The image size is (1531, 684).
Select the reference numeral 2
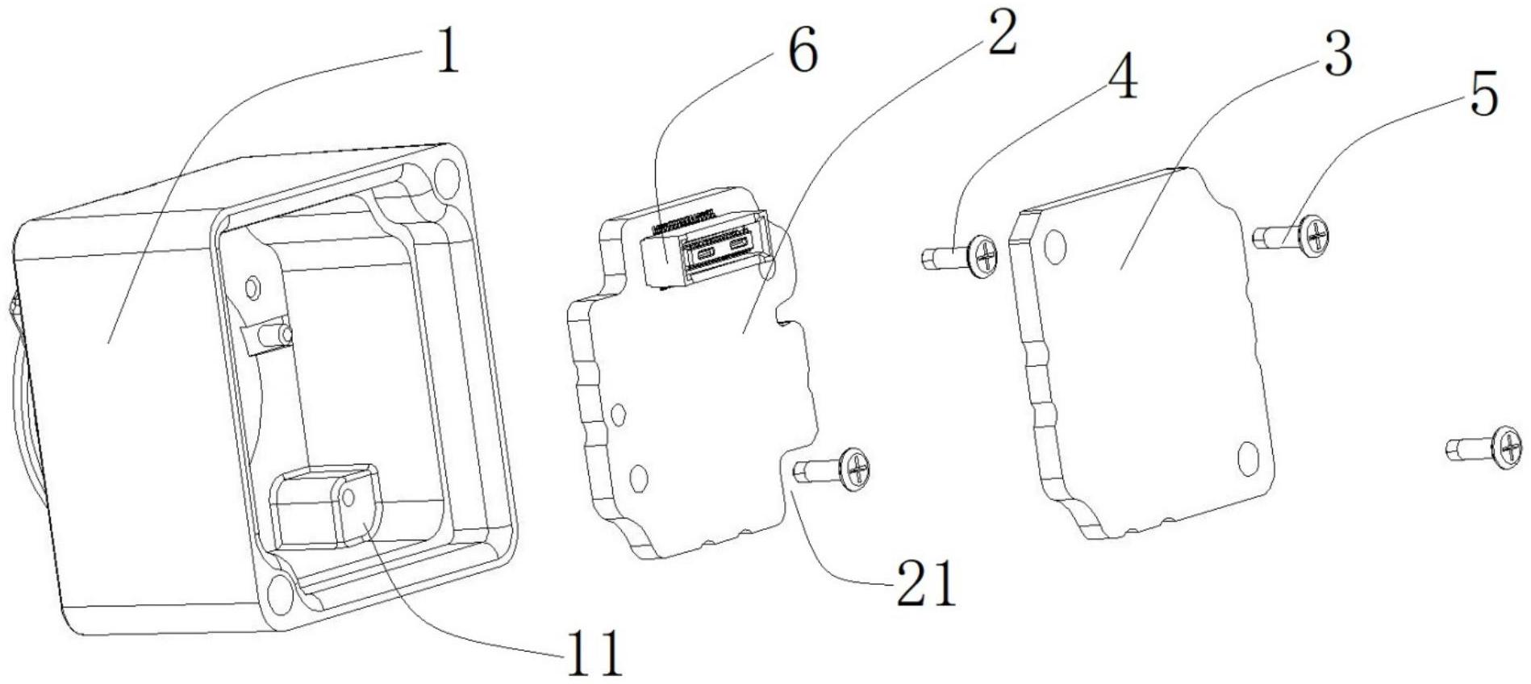click(x=1001, y=31)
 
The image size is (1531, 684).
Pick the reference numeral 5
click(x=1483, y=94)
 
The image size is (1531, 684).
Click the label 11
click(x=593, y=653)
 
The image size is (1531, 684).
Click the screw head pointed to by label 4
click(x=982, y=256)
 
